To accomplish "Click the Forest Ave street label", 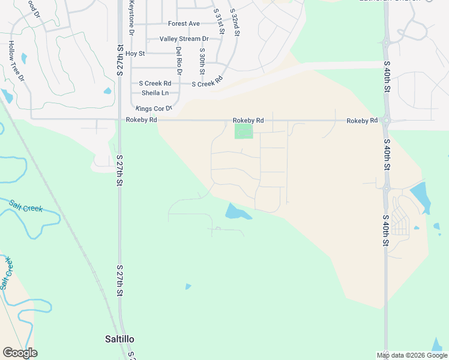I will click(x=184, y=24).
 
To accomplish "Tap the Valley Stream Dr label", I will click(x=184, y=39).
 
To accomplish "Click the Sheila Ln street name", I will click(x=155, y=93).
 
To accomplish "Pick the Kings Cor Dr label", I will click(x=154, y=109).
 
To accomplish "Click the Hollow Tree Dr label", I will click(x=16, y=61).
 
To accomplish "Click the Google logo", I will click(x=20, y=353).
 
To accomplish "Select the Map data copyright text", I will click(x=412, y=355).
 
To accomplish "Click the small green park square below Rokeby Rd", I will click(x=243, y=131).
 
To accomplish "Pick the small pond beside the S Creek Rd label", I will click(x=107, y=91).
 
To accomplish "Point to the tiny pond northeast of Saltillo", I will click(x=188, y=287).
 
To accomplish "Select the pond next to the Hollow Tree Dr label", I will click(x=23, y=58).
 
